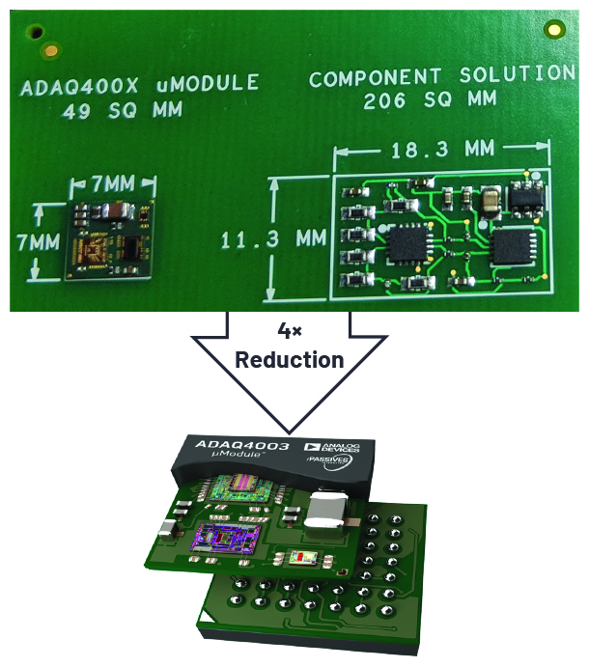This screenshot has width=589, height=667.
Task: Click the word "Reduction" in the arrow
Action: click(x=289, y=360)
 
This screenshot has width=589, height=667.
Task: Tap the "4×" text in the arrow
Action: click(x=289, y=331)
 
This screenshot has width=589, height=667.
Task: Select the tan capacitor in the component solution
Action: click(x=491, y=199)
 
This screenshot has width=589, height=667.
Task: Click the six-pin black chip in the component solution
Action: click(x=526, y=196)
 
